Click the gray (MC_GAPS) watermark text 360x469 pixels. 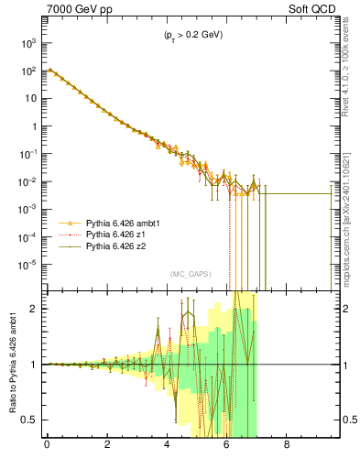click(x=190, y=274)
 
